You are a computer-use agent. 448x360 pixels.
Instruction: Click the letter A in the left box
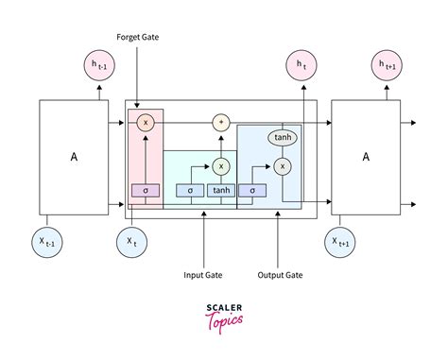coord(74,158)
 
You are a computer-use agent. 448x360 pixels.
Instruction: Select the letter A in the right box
coord(365,158)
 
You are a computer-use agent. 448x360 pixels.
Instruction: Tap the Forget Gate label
coord(137,39)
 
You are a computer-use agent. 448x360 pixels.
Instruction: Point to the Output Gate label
coord(279,276)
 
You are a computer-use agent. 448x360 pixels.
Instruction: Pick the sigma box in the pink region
coord(146,190)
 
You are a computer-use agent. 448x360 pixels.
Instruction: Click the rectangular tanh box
coord(222,190)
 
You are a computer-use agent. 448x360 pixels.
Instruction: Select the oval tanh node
coord(282,137)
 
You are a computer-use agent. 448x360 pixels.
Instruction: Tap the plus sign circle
coord(222,123)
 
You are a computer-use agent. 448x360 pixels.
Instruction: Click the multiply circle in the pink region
coord(146,123)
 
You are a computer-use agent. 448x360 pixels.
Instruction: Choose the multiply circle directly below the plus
coord(222,165)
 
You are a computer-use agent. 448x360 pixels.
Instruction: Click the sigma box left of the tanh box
coord(190,190)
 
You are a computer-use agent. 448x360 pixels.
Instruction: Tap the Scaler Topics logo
coord(224,316)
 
